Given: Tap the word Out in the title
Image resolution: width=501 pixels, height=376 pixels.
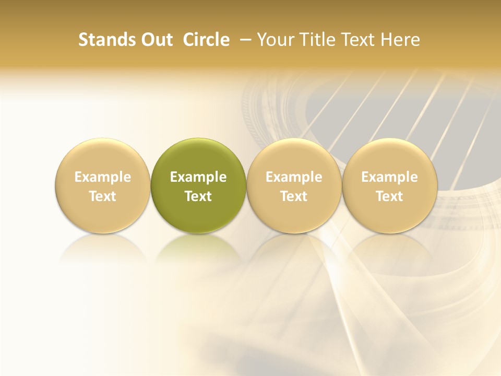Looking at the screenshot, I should [156, 40].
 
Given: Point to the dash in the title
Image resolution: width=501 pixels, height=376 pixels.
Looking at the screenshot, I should [243, 40].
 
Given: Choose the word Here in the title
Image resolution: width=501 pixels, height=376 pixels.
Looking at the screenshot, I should [400, 40].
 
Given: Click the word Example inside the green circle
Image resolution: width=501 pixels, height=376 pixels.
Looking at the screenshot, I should [198, 177].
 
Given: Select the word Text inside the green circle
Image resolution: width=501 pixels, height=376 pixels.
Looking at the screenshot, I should [198, 196].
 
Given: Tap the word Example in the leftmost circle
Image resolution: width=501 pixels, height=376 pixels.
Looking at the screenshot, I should [103, 177].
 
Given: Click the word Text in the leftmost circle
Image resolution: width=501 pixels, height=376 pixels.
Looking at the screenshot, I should [103, 196].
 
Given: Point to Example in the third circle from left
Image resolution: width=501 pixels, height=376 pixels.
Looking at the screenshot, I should [294, 177].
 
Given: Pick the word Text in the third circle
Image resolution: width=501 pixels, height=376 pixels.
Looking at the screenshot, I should [294, 196].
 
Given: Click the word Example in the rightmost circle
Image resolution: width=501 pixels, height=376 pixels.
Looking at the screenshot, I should [389, 177].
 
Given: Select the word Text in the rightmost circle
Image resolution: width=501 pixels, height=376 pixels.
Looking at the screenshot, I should [389, 196].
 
